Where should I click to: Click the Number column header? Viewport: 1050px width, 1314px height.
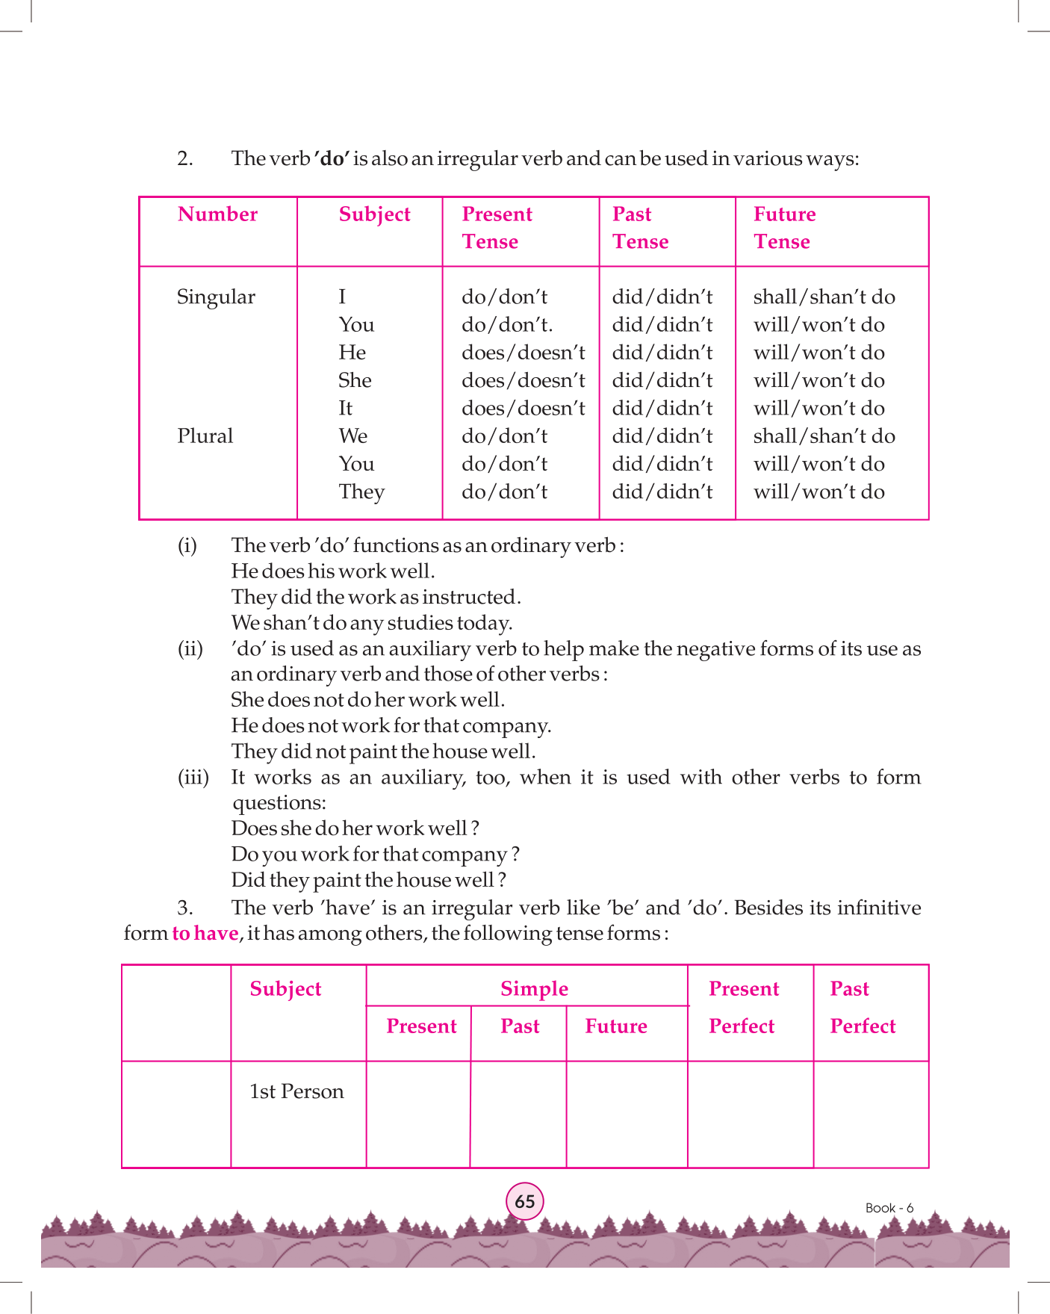click(217, 214)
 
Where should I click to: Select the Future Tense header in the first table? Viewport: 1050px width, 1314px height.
click(784, 228)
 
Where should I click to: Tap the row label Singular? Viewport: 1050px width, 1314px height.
click(216, 297)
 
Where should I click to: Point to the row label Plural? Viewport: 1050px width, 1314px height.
click(205, 436)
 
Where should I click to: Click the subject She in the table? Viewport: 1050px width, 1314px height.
click(355, 381)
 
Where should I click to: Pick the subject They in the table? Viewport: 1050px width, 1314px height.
click(361, 492)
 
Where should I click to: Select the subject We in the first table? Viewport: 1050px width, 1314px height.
click(353, 436)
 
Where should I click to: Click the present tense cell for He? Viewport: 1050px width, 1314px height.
click(523, 353)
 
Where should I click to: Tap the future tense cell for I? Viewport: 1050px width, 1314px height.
click(824, 297)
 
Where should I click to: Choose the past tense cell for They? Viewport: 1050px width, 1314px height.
click(662, 492)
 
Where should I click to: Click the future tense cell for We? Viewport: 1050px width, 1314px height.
click(824, 436)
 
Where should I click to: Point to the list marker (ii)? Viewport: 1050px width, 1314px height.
click(190, 648)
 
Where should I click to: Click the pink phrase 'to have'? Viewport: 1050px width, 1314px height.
click(205, 934)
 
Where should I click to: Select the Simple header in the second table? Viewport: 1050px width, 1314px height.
click(534, 989)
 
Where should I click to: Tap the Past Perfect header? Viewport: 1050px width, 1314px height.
click(863, 1007)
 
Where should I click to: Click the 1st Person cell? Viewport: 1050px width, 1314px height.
click(296, 1092)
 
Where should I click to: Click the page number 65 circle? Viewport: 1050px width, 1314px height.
click(525, 1201)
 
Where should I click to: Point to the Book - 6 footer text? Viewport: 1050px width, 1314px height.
click(889, 1208)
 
